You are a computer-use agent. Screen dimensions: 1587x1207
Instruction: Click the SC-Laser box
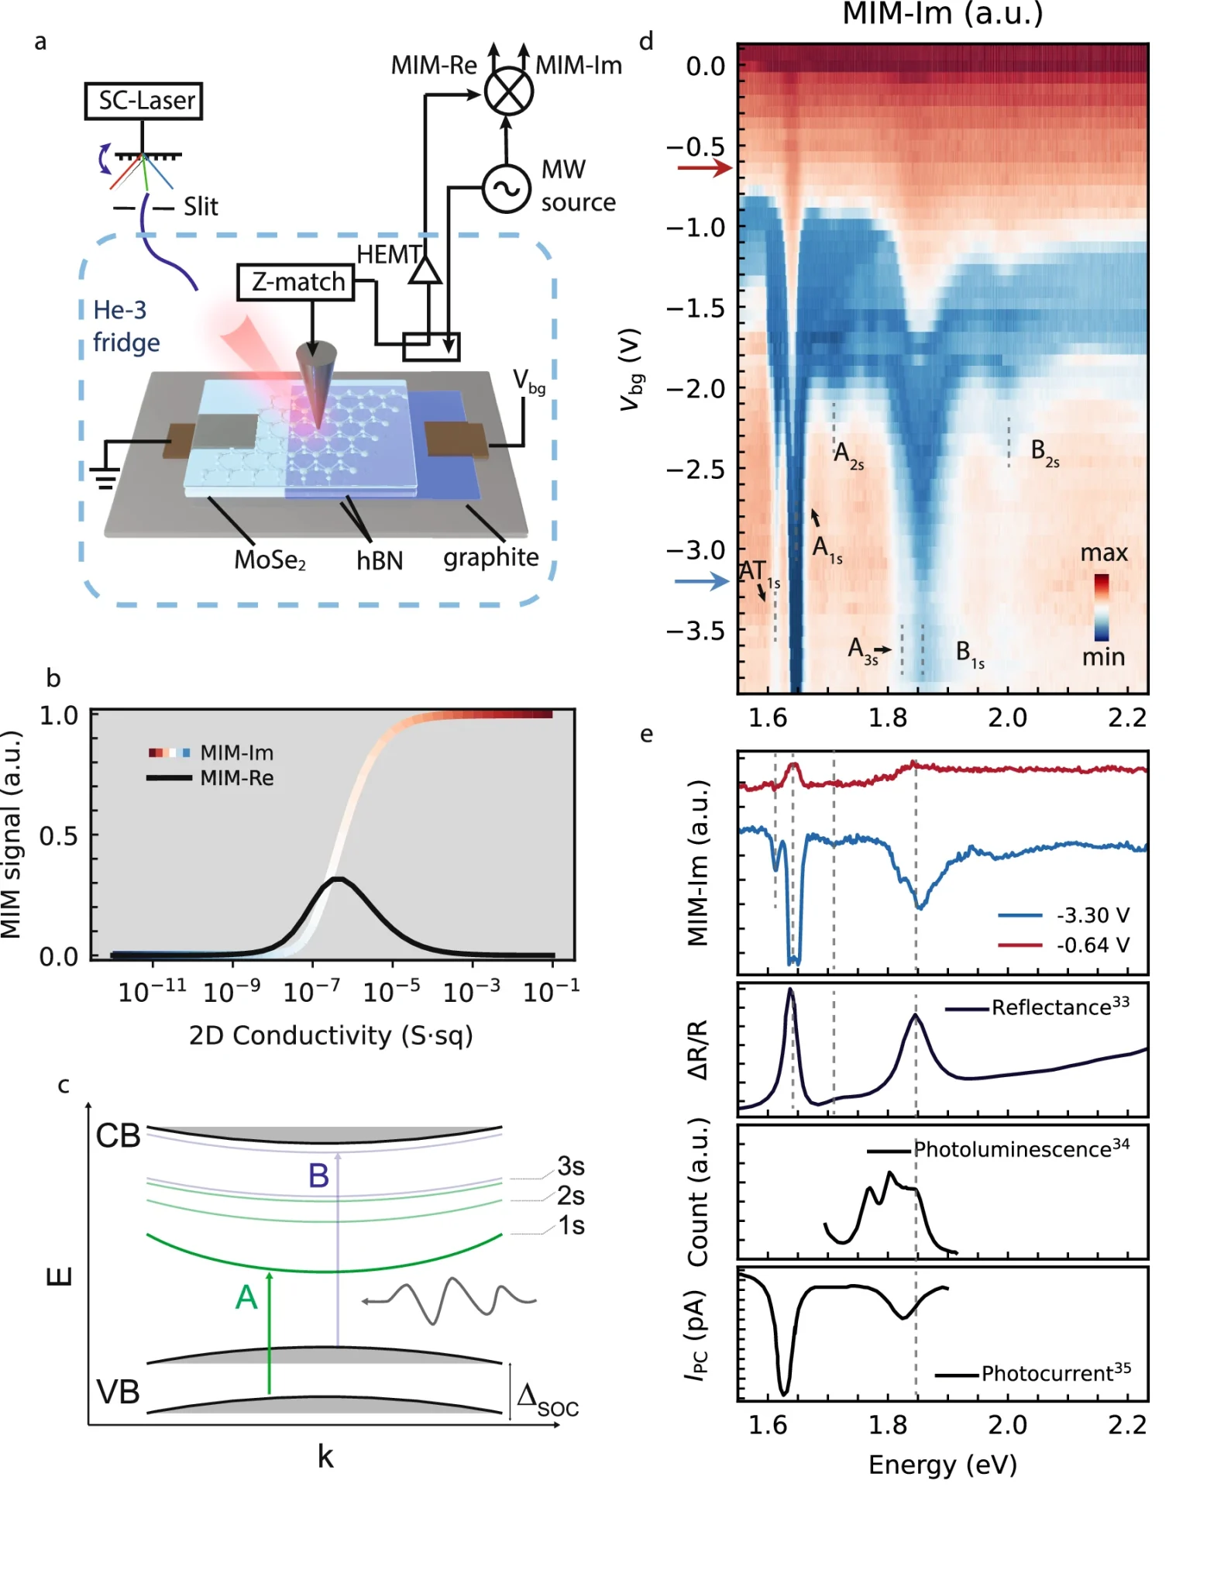[143, 101]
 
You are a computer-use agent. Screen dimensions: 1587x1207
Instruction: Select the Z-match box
[295, 282]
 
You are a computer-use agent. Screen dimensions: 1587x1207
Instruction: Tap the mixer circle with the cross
[508, 91]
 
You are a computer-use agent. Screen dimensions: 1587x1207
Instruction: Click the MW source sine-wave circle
[506, 188]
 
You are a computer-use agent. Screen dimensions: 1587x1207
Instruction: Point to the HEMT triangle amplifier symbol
[425, 270]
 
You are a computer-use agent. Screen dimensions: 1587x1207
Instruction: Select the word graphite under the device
[490, 557]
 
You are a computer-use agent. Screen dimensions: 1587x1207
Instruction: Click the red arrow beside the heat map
[703, 167]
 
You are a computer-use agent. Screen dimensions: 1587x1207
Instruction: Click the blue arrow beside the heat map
[701, 581]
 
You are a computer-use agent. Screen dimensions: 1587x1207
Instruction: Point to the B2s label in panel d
[1044, 452]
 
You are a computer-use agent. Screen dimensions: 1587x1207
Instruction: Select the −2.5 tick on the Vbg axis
[695, 470]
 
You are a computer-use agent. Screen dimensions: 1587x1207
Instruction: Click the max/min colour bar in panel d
[1101, 607]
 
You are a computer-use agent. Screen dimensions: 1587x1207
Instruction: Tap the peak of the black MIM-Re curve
[338, 879]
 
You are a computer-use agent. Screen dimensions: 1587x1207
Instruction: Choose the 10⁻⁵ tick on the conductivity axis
[392, 991]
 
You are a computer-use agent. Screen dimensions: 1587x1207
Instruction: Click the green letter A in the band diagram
[246, 1297]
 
